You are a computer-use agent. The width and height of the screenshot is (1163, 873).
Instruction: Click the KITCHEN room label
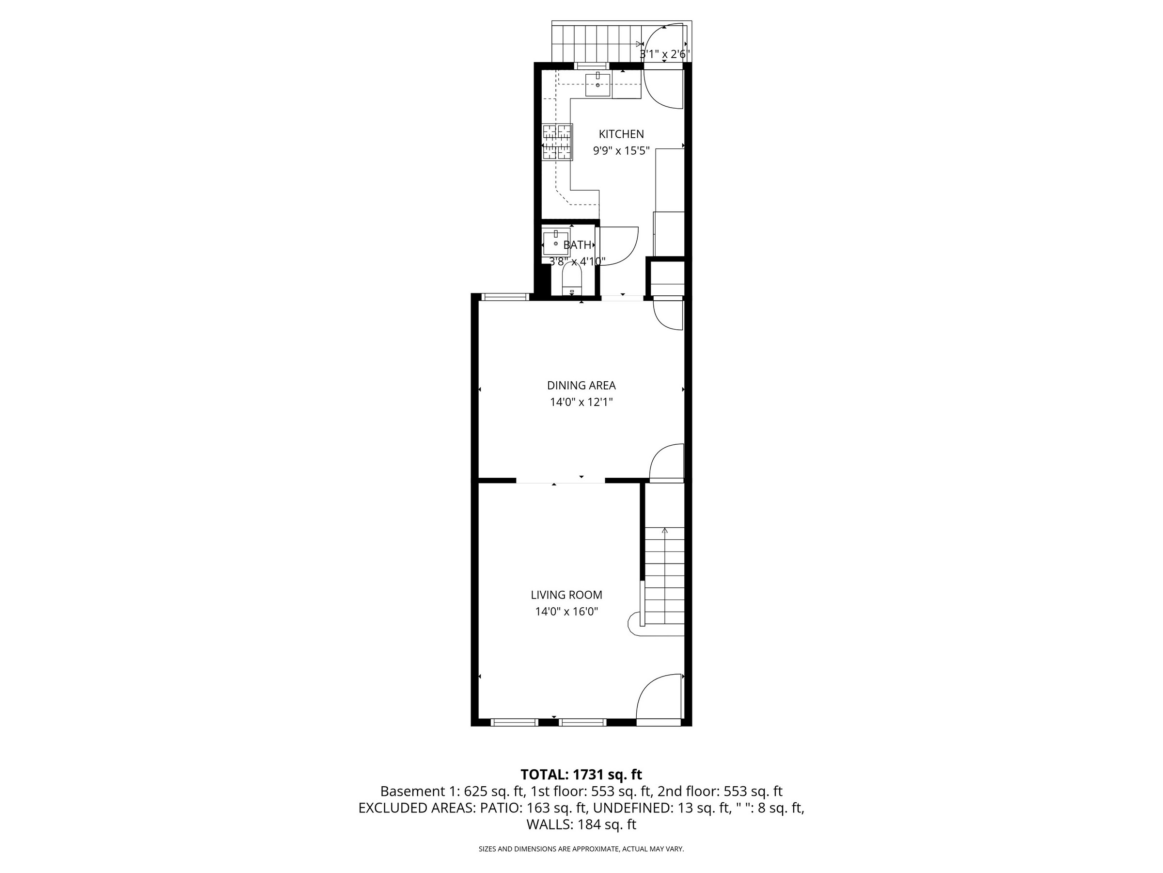[x=621, y=134]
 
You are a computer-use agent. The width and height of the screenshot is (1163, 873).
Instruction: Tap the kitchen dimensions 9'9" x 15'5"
[x=621, y=151]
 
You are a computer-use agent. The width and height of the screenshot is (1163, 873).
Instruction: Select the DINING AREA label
[x=581, y=385]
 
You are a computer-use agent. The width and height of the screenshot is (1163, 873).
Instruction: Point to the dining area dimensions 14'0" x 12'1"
[x=581, y=402]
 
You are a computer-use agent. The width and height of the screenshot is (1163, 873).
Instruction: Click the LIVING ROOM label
[x=566, y=595]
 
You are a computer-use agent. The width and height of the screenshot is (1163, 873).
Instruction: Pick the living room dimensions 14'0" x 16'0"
[x=566, y=612]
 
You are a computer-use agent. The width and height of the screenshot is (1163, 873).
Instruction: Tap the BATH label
[x=577, y=245]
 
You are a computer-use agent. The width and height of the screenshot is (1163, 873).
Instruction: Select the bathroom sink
[x=556, y=242]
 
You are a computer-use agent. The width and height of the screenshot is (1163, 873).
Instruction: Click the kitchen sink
[x=598, y=85]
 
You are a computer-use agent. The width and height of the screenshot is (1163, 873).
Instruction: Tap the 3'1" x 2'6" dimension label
[x=664, y=54]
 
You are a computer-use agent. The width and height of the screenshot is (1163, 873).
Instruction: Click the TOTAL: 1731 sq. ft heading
[x=581, y=774]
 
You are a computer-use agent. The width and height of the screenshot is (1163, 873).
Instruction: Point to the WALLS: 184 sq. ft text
[x=581, y=824]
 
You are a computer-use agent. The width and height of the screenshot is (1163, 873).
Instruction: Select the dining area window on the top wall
[x=505, y=297]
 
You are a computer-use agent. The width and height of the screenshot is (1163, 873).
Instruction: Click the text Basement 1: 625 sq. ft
[x=452, y=791]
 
